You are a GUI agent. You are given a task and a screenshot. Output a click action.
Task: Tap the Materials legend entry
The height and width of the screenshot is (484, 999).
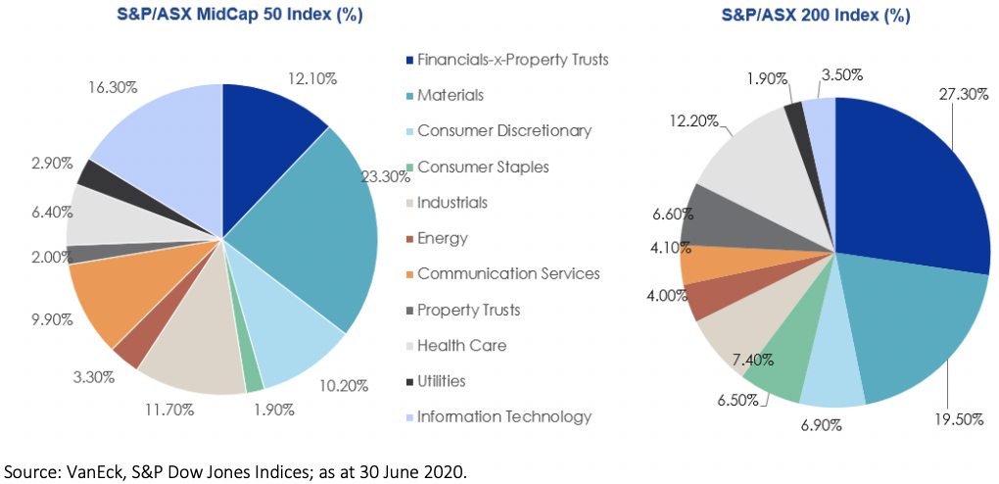pos(450,95)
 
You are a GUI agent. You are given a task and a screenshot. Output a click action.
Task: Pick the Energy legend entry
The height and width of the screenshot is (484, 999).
pos(443,238)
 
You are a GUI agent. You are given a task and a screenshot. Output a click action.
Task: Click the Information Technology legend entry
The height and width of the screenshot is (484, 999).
pos(504,416)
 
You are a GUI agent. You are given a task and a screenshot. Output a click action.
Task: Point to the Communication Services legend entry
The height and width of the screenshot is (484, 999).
pos(508,273)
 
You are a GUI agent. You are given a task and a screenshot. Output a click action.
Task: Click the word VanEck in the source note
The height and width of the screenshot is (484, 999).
pos(97,470)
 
